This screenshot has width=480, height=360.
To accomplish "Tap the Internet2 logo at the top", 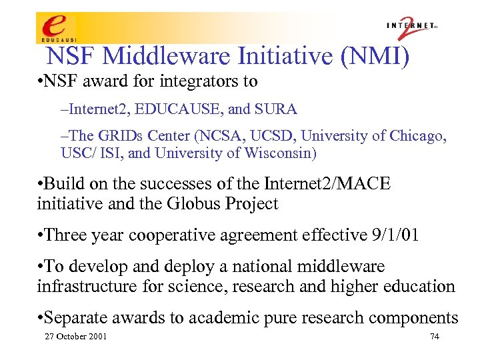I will click(x=412, y=27).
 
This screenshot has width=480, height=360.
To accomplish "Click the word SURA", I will click(x=279, y=109).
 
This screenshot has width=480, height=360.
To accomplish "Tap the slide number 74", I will click(x=434, y=337).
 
